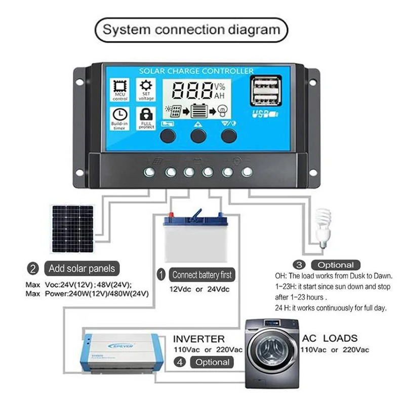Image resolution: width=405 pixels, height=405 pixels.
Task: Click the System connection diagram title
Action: (191, 29)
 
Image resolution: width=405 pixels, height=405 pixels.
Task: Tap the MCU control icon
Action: (120, 87)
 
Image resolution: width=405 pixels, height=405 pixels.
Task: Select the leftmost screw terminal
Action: (150, 172)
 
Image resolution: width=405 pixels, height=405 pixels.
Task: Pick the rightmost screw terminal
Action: (247, 172)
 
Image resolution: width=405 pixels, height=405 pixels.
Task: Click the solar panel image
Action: (72, 228)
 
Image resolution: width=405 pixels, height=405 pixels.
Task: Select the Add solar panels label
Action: (82, 268)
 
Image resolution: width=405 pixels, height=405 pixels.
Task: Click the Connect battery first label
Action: (201, 275)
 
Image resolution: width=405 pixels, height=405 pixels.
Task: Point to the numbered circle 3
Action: (299, 265)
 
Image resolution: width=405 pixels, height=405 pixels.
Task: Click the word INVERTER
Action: (198, 338)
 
